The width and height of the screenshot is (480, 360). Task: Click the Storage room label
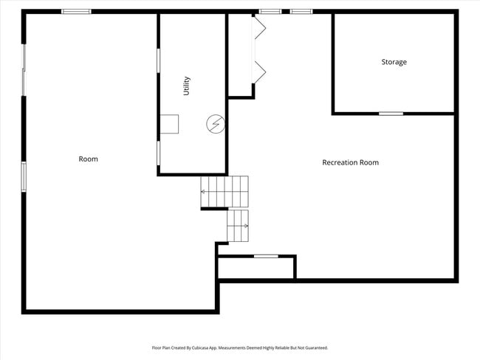coord(394,62)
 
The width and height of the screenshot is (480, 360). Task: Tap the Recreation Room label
coord(350,162)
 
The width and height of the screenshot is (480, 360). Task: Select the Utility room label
coord(187,86)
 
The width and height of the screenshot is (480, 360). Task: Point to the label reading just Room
coord(88,159)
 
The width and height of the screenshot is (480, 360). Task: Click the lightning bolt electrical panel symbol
coord(215,125)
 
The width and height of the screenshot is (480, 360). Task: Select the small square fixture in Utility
coord(171,125)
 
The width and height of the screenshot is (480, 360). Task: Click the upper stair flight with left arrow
coord(224,191)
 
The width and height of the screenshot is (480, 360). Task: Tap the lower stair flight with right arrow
coord(238,225)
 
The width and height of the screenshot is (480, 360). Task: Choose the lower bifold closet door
coord(259,72)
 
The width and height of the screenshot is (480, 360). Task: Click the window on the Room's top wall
coord(76,12)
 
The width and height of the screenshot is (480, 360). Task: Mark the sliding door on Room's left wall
coord(24,70)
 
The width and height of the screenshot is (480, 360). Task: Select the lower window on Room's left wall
coord(24,176)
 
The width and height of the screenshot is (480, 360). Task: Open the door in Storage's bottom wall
coord(391,113)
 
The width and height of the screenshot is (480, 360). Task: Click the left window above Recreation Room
coord(270,12)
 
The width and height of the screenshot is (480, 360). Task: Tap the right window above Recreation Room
coord(301,12)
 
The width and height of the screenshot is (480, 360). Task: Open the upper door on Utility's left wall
coord(158,60)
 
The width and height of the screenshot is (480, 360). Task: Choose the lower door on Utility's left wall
coord(158,152)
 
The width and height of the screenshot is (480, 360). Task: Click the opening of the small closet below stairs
coord(265,256)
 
